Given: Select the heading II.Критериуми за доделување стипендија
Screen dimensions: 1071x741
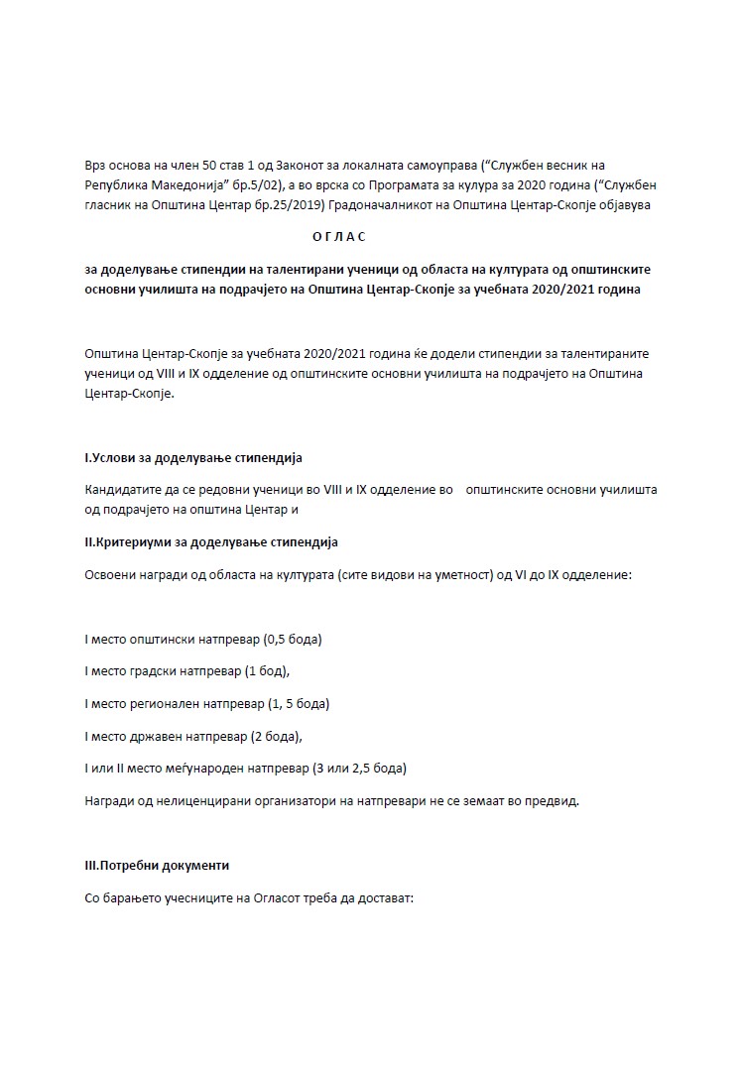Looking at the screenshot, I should pyautogui.click(x=211, y=542).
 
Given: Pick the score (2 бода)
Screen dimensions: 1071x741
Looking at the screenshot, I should pyautogui.click(x=270, y=736).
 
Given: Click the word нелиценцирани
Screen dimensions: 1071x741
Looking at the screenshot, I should pyautogui.click(x=206, y=800).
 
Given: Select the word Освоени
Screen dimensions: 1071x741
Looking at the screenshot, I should pyautogui.click(x=110, y=574).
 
